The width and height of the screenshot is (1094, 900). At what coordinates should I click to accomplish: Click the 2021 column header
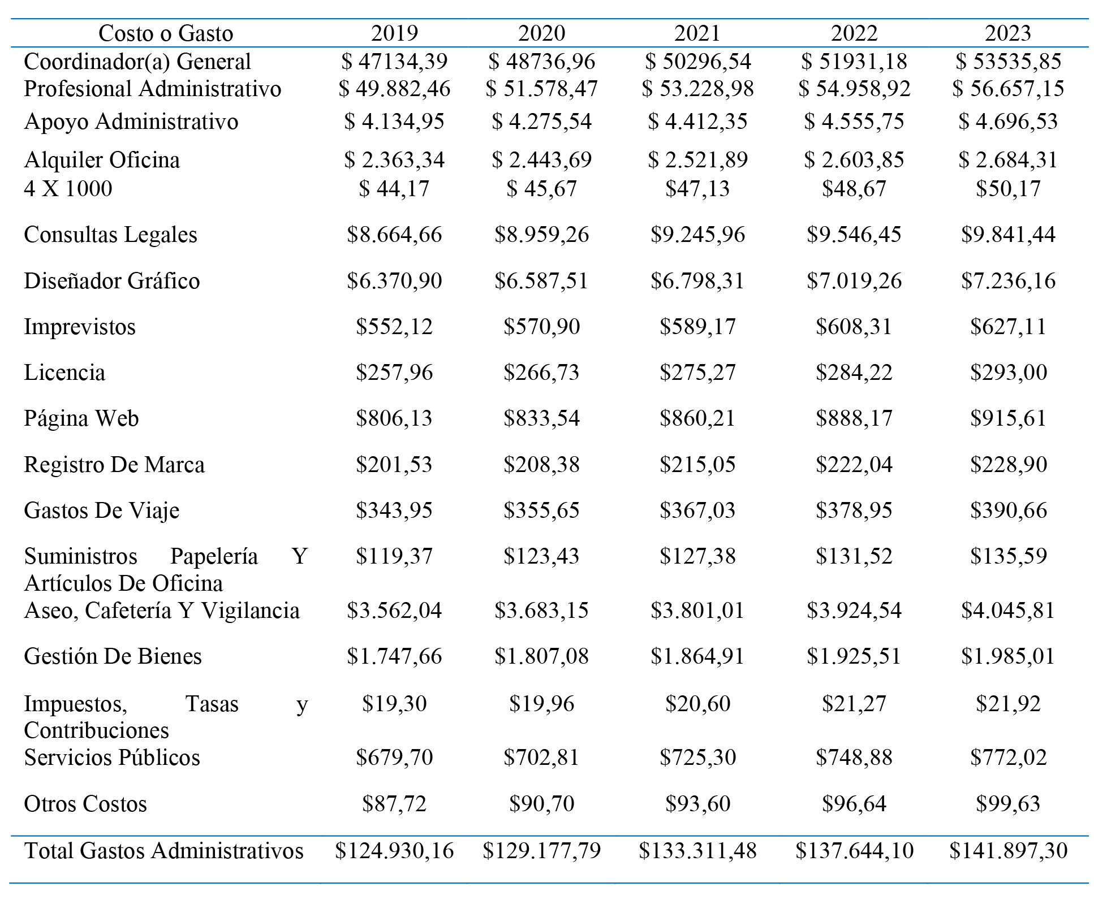697,33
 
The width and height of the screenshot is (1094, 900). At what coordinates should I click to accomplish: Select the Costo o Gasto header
166,33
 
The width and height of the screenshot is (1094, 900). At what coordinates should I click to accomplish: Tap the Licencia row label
64,373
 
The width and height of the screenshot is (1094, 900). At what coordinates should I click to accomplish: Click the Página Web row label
81,419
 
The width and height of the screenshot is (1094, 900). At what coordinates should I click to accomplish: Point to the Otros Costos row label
85,804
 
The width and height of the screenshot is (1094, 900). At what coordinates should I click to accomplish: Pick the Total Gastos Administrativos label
164,851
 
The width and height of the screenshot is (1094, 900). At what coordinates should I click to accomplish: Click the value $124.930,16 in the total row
394,851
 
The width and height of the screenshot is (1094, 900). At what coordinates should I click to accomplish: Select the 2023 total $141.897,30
1009,851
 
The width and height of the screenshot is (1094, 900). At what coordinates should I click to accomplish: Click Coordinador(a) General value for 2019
394,62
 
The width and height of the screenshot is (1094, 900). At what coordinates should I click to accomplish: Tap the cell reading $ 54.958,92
854,89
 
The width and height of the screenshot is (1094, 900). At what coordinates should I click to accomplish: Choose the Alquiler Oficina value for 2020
541,160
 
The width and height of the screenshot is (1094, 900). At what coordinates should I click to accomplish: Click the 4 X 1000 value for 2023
1008,189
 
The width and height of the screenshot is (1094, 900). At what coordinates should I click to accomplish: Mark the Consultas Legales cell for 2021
697,235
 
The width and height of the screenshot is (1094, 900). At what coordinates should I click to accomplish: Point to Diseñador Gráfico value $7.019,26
854,281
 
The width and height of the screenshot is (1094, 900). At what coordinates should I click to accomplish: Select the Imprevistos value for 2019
394,327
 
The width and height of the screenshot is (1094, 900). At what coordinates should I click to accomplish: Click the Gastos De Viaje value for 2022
854,510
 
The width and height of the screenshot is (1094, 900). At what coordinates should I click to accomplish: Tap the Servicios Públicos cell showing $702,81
541,758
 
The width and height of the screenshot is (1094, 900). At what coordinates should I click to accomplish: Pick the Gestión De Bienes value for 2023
1008,656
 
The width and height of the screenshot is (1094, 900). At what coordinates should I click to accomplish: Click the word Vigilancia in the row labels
250,611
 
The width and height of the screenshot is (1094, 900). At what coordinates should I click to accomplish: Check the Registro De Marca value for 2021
697,465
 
